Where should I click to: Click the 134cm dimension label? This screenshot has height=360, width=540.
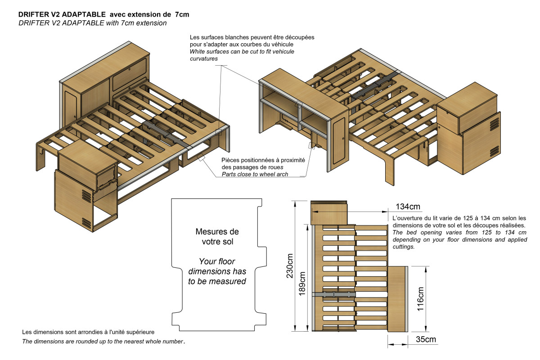coord(408,207)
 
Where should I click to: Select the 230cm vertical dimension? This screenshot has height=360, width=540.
coord(291,265)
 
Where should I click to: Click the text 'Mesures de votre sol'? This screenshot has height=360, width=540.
coord(217,237)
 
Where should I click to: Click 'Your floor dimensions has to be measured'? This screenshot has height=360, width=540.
coord(217,271)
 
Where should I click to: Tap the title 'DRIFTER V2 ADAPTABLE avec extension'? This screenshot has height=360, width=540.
coord(103,14)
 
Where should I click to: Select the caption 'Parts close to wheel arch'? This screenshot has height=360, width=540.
coord(255,174)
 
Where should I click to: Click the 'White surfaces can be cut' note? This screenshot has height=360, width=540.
coord(242,55)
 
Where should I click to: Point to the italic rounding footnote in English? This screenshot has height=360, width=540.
coord(103,342)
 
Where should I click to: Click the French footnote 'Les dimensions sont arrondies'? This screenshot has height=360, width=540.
coord(89,332)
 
